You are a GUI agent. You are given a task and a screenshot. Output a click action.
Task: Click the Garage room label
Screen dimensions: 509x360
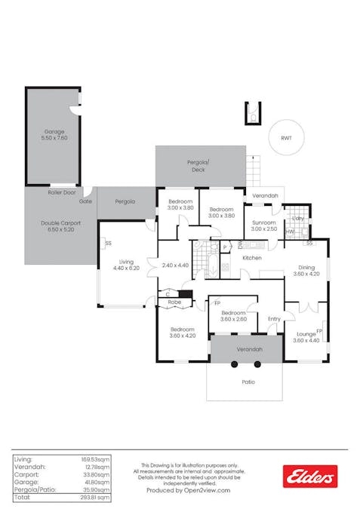point(54,131)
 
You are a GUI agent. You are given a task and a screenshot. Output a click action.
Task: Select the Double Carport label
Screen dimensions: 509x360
point(60,222)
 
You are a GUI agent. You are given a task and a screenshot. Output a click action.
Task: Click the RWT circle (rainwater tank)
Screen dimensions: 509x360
point(286,138)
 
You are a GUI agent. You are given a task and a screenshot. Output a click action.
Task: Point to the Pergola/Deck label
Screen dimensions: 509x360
point(198,166)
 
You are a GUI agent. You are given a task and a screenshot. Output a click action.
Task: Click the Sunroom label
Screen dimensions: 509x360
point(264,223)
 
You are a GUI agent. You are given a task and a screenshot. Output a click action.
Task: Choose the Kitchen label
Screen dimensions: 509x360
point(251,259)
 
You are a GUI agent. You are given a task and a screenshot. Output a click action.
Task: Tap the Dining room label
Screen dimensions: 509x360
point(306,267)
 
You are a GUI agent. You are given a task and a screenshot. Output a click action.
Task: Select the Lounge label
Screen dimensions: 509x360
point(306,333)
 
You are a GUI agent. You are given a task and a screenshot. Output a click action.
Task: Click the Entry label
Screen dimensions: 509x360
point(274,319)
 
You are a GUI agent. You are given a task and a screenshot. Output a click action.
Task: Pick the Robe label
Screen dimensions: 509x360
point(174,302)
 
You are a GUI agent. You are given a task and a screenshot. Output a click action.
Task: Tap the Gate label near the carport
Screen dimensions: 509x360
point(85,201)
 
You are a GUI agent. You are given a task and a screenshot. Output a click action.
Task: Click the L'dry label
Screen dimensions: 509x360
point(298,218)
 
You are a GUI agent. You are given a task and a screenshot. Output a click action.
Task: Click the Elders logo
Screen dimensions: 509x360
point(309,476)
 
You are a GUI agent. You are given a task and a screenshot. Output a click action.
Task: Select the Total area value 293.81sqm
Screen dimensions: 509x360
point(95,498)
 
